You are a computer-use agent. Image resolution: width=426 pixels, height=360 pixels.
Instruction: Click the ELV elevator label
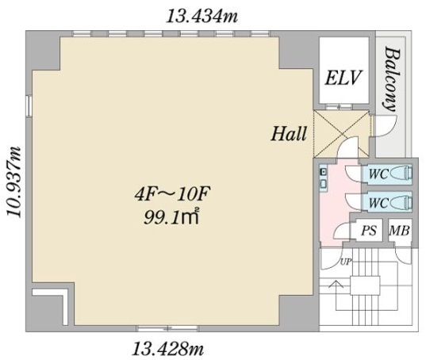click(343, 78)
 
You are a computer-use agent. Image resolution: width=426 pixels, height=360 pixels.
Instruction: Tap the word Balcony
click(391, 80)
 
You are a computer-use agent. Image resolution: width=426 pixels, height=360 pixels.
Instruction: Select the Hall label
click(289, 133)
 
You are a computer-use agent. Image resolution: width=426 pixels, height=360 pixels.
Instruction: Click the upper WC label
click(378, 174)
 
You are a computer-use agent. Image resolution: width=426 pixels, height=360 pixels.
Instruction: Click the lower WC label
click(378, 202)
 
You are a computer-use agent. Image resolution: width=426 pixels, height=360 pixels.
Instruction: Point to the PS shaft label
click(369, 231)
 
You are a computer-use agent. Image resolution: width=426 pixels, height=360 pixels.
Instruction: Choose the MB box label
click(399, 231)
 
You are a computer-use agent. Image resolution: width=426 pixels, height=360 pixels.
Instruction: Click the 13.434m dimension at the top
click(201, 17)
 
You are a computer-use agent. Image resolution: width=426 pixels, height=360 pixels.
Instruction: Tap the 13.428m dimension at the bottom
click(168, 349)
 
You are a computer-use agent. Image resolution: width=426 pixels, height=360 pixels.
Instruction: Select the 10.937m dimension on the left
click(13, 182)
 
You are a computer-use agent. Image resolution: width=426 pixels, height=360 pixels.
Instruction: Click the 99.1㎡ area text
click(171, 216)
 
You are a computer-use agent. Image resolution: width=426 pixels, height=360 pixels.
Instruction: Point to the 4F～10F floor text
click(173, 194)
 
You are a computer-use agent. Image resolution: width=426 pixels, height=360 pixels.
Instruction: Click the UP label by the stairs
click(346, 262)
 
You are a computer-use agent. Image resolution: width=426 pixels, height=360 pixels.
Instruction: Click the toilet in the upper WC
click(401, 173)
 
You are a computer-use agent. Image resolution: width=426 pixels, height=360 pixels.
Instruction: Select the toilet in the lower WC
click(401, 202)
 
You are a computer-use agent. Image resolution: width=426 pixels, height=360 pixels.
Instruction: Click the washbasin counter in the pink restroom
click(324, 178)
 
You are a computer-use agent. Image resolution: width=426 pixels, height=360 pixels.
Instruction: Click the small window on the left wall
click(29, 105)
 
